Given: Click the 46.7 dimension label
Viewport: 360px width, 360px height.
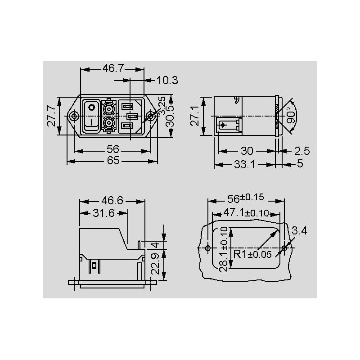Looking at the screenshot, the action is click(x=113, y=68).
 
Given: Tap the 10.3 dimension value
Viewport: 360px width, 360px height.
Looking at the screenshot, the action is click(x=167, y=81).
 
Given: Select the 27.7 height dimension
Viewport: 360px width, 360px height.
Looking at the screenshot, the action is click(x=51, y=116).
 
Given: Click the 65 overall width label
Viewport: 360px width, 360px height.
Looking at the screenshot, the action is click(x=113, y=160).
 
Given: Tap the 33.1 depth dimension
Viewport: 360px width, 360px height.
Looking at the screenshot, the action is click(x=244, y=164).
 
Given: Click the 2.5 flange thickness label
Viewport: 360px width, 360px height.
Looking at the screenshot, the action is click(x=302, y=151).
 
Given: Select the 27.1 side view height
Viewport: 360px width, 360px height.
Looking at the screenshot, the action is click(x=195, y=116).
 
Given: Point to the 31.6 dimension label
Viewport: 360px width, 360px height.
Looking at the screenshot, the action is click(x=103, y=213).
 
